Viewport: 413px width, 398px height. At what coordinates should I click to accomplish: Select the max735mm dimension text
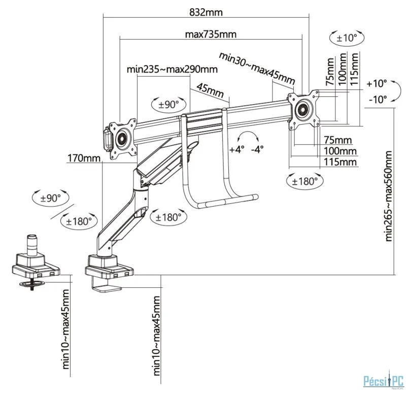click(x=211, y=35)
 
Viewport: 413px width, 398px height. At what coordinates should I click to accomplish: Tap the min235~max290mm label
click(x=172, y=69)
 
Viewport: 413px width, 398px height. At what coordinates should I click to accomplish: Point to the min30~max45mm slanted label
click(x=256, y=68)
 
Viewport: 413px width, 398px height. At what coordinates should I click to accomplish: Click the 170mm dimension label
click(x=84, y=159)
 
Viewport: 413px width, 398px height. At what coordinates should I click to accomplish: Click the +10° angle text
click(x=376, y=83)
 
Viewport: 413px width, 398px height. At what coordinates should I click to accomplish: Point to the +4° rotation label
click(x=236, y=150)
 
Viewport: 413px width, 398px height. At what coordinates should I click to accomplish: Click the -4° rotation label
click(x=258, y=150)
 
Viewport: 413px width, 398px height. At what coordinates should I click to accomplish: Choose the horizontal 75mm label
click(x=338, y=140)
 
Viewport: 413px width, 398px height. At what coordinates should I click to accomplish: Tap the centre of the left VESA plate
click(x=123, y=138)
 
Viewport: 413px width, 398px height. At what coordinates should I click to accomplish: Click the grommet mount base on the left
click(x=35, y=264)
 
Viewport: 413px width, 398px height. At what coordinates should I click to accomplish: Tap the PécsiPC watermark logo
click(x=383, y=379)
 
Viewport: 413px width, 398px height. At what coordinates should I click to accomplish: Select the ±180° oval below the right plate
click(x=302, y=180)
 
